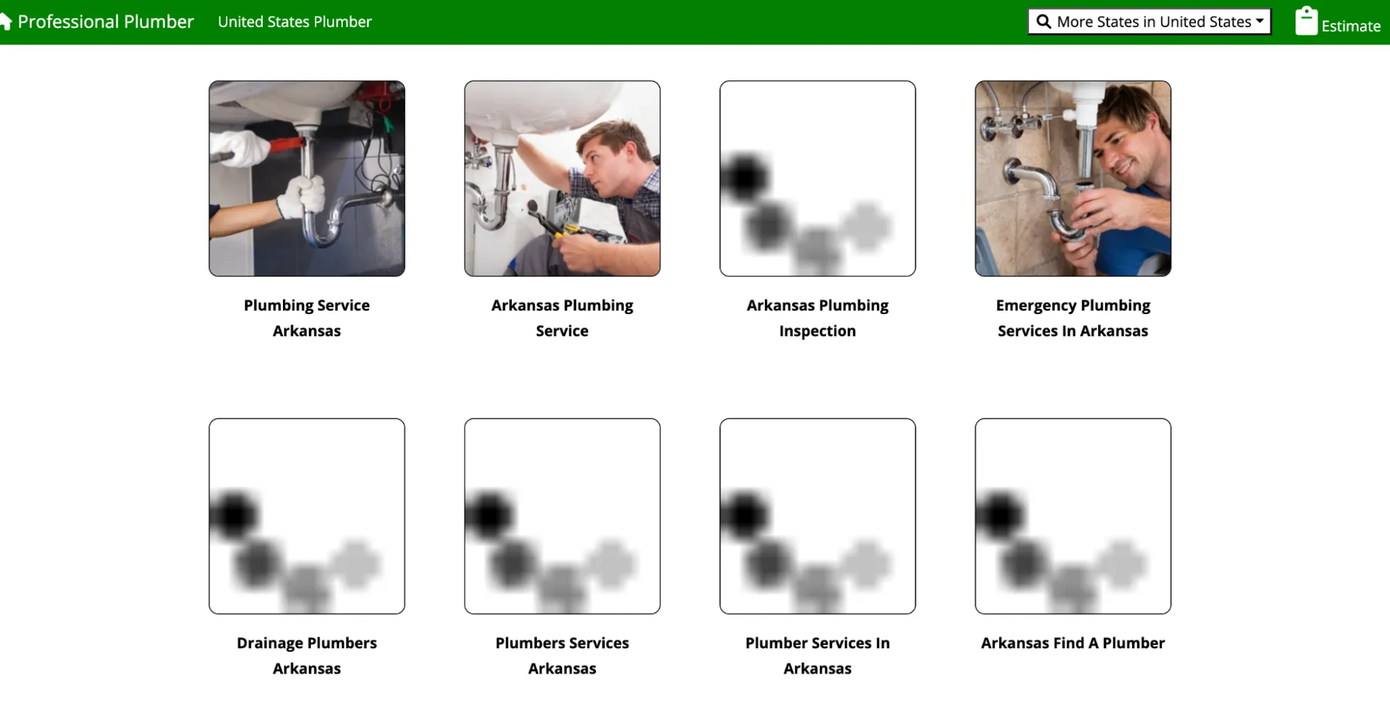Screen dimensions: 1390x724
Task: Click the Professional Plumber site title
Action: [x=106, y=22]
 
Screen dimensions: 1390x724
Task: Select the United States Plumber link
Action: [x=295, y=22]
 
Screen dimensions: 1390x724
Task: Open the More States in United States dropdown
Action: [x=1149, y=22]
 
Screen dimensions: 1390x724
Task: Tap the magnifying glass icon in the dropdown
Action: [x=1043, y=22]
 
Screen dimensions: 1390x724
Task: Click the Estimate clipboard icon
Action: [x=1306, y=21]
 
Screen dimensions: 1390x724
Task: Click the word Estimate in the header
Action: [x=1351, y=26]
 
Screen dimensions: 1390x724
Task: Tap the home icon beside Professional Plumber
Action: [x=6, y=22]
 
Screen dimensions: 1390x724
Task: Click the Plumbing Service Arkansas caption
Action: [x=307, y=318]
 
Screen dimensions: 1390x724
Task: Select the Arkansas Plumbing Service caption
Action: [x=562, y=318]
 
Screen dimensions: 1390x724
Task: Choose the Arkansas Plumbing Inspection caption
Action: [x=818, y=318]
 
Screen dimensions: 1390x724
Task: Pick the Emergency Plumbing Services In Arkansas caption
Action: [x=1073, y=318]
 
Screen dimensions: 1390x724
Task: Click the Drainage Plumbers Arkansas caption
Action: [x=307, y=655]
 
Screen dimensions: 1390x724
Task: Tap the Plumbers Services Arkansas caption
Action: [x=562, y=655]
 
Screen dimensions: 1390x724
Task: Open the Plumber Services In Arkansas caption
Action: [x=818, y=655]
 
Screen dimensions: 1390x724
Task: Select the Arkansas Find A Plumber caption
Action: [x=1073, y=643]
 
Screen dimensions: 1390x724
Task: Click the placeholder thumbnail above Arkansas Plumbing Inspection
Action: [x=818, y=179]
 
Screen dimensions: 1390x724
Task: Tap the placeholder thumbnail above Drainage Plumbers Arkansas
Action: [x=307, y=516]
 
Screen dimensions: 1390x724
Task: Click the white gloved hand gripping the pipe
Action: [x=302, y=197]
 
